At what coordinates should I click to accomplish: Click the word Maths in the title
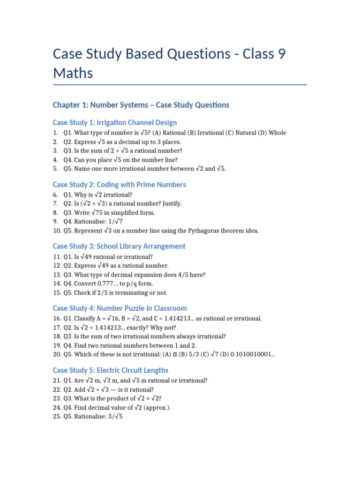coord(73,73)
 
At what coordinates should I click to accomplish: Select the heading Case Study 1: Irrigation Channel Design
coord(115,122)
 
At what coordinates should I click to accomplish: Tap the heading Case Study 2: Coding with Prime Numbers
coord(120,184)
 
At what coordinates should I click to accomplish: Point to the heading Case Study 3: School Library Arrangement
coord(119,246)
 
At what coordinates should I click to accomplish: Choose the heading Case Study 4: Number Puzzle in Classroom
coord(120,308)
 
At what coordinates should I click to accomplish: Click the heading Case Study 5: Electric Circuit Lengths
coord(111,370)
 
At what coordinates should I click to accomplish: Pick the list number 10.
coord(57,231)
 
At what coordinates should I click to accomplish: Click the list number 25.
coord(57,416)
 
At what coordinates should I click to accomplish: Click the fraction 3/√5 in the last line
coord(114,416)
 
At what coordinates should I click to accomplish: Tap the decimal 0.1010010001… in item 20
coord(251,354)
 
